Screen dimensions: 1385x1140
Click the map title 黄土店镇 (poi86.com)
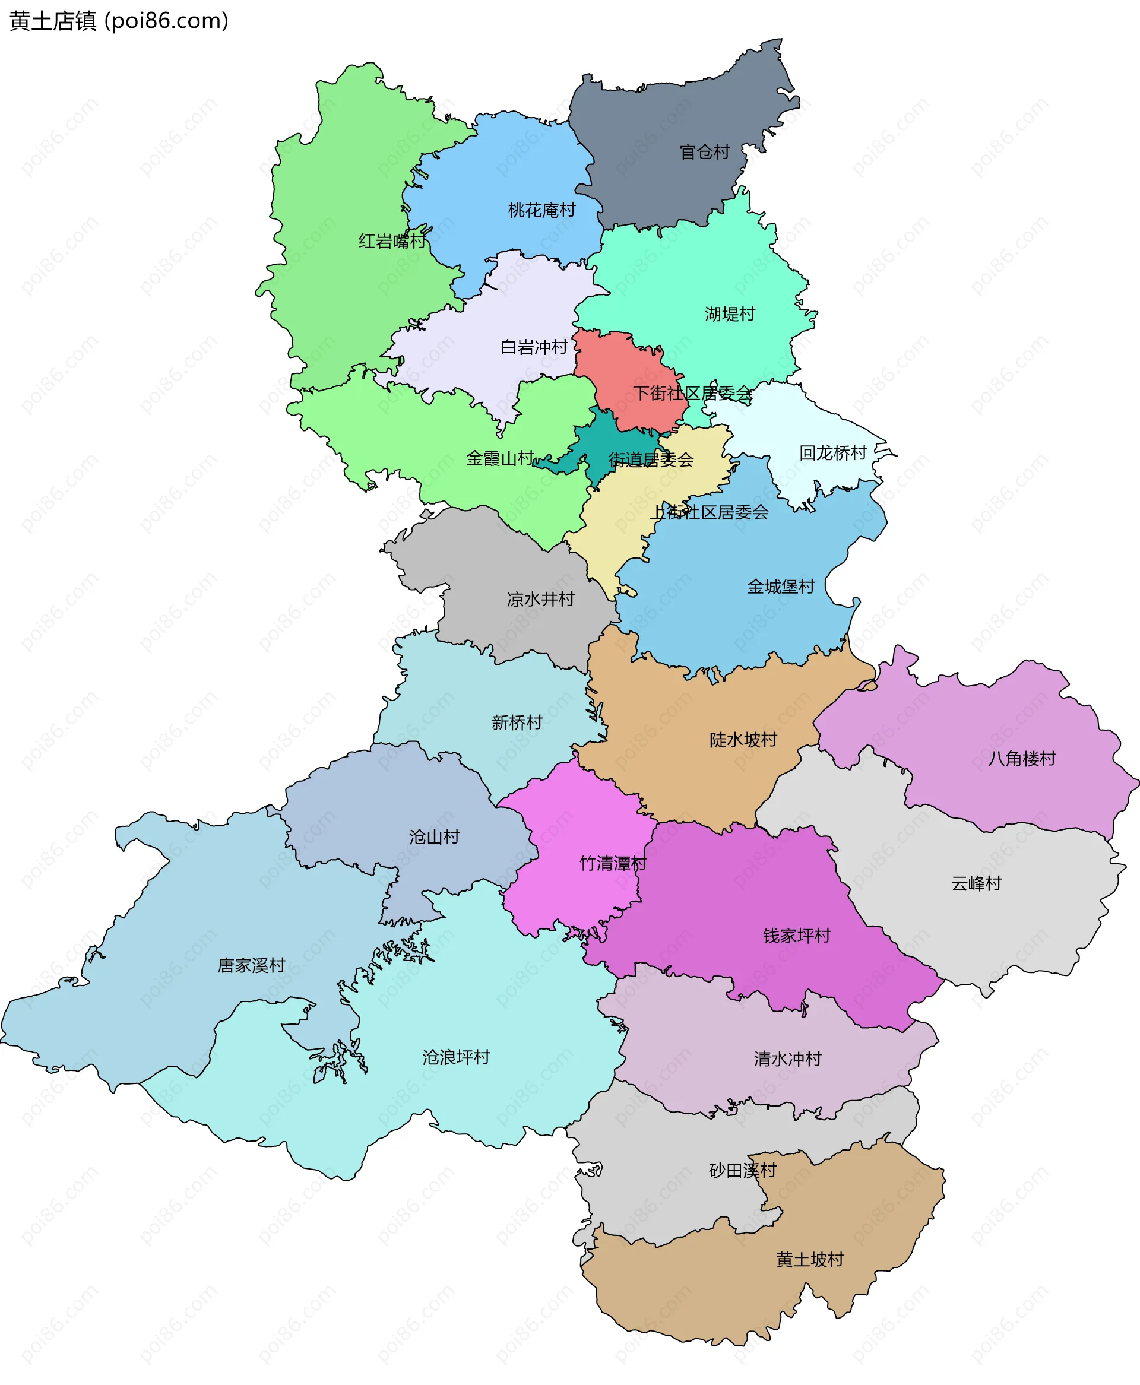pos(119,21)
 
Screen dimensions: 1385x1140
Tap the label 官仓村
pos(705,153)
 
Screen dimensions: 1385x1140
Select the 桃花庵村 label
pos(541,210)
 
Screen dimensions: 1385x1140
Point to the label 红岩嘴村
pos(392,241)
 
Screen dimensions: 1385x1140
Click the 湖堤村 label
pos(730,314)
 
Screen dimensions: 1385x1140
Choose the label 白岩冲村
pos(534,347)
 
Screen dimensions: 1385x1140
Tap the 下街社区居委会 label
pos(693,393)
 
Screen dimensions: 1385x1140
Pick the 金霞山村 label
pos(501,458)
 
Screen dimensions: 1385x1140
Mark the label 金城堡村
pos(781,586)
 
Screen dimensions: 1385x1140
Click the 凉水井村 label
pos(540,598)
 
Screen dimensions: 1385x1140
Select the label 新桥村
pos(517,722)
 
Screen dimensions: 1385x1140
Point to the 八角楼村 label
pos(1022,759)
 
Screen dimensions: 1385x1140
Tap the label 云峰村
pos(977,883)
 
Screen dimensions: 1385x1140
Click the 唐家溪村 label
pos(252,965)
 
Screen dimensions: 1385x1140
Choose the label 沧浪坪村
pos(457,1057)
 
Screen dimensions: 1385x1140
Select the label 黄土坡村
pos(810,1260)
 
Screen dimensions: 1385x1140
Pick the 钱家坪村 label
pos(797,936)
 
